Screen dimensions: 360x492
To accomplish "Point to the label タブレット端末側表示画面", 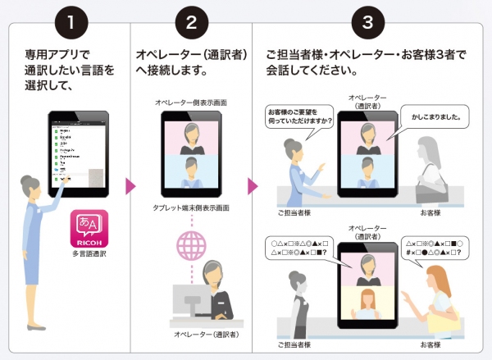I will click(192, 208).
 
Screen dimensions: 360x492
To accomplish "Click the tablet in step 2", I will click(192, 153).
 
